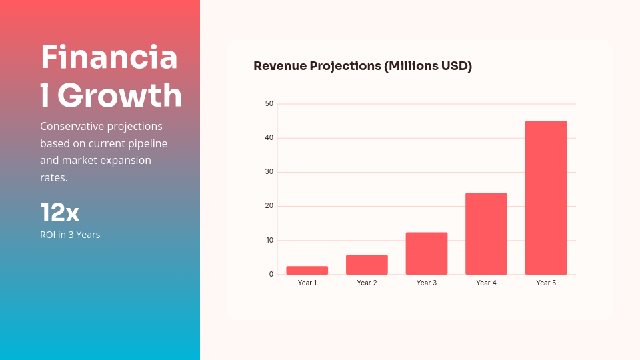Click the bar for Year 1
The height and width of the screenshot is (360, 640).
307,270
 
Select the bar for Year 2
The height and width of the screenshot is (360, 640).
367,265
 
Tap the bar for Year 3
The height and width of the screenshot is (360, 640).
427,253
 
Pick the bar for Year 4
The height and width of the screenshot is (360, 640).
486,233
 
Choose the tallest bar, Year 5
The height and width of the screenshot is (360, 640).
546,198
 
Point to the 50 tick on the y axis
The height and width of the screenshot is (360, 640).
269,104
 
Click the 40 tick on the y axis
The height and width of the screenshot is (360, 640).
269,138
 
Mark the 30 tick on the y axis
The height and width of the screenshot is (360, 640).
269,172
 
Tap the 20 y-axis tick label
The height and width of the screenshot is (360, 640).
269,206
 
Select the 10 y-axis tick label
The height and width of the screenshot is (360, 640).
269,240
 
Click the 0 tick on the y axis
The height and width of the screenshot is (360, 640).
271,275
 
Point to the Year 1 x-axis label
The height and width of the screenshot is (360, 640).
307,283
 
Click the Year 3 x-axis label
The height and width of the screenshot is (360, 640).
427,283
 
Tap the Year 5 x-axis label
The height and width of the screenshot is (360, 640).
546,283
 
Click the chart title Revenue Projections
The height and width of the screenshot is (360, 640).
363,66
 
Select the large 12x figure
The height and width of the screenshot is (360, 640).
60,213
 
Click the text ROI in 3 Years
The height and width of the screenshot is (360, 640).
70,235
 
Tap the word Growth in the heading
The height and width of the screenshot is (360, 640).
119,95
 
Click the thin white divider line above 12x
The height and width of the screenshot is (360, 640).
100,187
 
